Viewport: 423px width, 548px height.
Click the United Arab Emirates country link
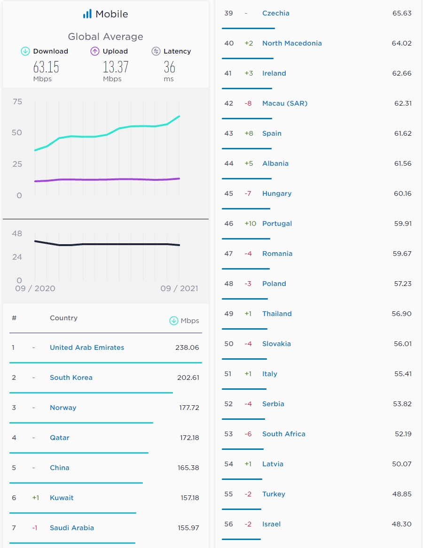pyautogui.click(x=87, y=347)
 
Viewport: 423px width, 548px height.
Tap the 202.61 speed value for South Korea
pyautogui.click(x=188, y=378)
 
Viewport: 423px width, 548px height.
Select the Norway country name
pyautogui.click(x=63, y=408)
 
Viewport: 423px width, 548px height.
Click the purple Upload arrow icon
pyautogui.click(x=95, y=51)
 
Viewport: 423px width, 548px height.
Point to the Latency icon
pyautogui.click(x=156, y=51)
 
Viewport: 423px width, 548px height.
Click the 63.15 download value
pyautogui.click(x=46, y=67)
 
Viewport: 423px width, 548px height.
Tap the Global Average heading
pyautogui.click(x=105, y=37)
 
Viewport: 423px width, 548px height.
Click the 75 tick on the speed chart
pyautogui.click(x=17, y=102)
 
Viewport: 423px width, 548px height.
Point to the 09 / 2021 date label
pyautogui.click(x=179, y=288)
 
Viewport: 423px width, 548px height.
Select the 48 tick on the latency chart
pyautogui.click(x=17, y=233)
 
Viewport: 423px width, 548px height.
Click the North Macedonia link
pyautogui.click(x=292, y=43)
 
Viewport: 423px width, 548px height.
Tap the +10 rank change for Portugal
pyautogui.click(x=251, y=224)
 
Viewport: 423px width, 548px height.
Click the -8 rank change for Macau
pyautogui.click(x=248, y=103)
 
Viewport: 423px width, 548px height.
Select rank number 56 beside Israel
pyautogui.click(x=228, y=524)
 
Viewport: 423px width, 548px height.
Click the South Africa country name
pyautogui.click(x=283, y=434)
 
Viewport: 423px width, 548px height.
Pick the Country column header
pyautogui.click(x=63, y=318)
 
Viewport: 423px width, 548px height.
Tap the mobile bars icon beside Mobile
pyautogui.click(x=87, y=14)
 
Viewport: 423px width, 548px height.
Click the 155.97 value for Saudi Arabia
pyautogui.click(x=188, y=528)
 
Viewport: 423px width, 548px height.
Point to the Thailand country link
pyautogui.click(x=277, y=314)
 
